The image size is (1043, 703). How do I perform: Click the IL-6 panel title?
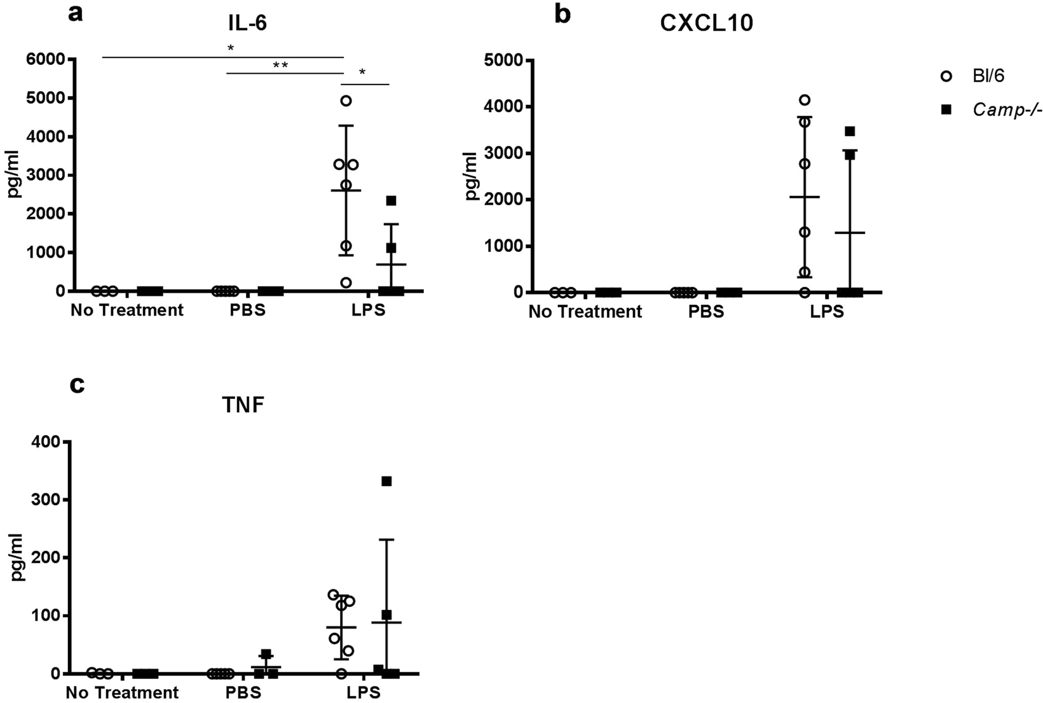pos(247,24)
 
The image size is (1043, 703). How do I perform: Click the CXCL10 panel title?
pos(706,24)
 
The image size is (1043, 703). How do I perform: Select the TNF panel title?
pos(244,405)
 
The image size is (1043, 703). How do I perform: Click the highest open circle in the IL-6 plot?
pos(346,101)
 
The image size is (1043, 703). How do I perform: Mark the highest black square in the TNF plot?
pos(386,481)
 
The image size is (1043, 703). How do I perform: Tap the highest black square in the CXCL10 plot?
pos(850,132)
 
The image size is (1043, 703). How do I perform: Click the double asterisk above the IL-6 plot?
pos(280,65)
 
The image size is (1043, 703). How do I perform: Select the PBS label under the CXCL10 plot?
pos(706,312)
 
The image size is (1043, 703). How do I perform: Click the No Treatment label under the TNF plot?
pos(122,692)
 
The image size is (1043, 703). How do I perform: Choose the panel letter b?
pos(562,13)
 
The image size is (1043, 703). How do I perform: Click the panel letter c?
pos(77,384)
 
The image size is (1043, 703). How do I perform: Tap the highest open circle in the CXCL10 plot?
pos(805,100)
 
